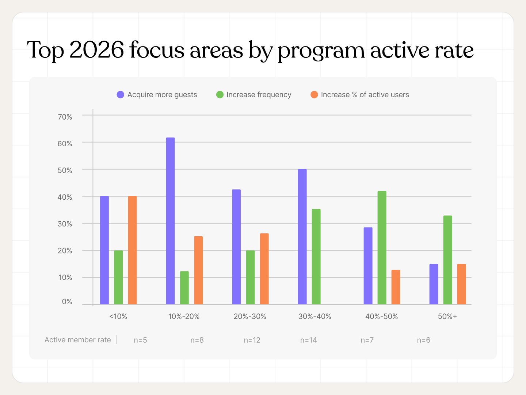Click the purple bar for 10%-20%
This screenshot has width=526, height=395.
click(x=170, y=221)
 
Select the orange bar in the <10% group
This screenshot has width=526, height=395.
click(x=132, y=250)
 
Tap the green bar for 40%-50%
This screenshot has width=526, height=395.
click(x=382, y=248)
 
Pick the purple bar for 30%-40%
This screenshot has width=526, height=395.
click(x=302, y=237)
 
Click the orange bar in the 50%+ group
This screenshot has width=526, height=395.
click(x=461, y=284)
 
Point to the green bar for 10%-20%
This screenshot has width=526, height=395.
click(x=184, y=288)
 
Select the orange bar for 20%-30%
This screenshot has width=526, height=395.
click(x=264, y=269)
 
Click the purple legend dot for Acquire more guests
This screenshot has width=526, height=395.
click(x=120, y=95)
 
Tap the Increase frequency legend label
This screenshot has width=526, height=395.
click(x=259, y=95)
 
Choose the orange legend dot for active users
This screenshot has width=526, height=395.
click(x=314, y=95)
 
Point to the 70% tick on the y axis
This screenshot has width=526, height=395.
click(x=65, y=117)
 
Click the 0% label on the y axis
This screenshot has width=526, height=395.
click(x=67, y=302)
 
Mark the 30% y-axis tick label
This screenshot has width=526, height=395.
click(x=65, y=224)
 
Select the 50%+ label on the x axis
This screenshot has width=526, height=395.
click(x=447, y=316)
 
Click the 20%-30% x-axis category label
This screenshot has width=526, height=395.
click(x=250, y=316)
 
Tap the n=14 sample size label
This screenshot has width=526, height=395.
click(x=309, y=340)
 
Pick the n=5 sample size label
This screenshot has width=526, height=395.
click(x=140, y=340)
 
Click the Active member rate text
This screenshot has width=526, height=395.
click(x=77, y=340)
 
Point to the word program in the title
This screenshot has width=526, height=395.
click(x=321, y=50)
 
